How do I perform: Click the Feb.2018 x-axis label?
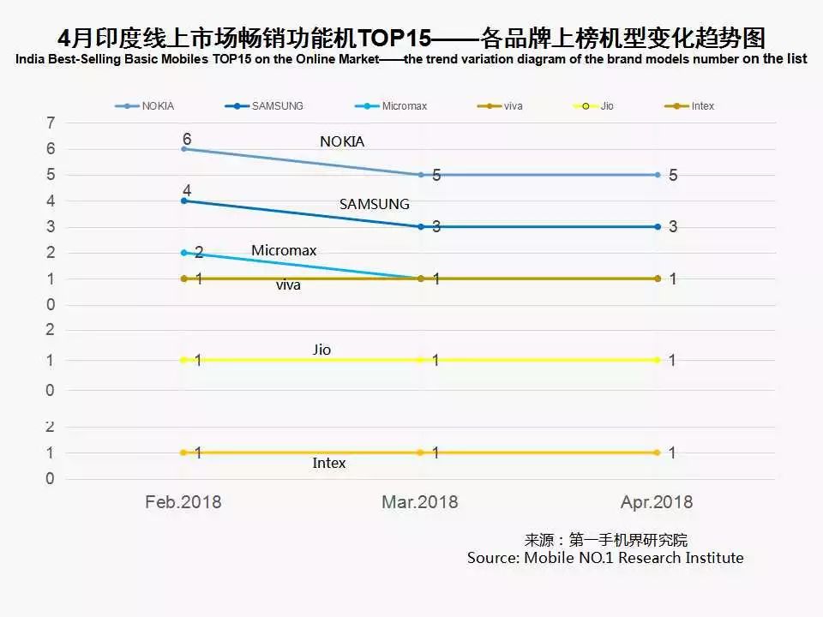tap(183, 502)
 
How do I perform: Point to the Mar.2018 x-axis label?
tap(420, 502)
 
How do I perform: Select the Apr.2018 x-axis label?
tap(657, 502)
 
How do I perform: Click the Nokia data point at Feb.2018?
tap(183, 149)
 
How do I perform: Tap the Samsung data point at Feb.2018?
tap(183, 201)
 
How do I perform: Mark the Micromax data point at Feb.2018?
tap(183, 253)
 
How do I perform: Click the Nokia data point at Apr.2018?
tap(658, 175)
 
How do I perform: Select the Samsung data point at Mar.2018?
tap(421, 227)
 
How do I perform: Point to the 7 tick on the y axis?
tap(51, 123)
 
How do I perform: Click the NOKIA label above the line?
tap(342, 141)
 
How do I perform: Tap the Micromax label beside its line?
tap(284, 250)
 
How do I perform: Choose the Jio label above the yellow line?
tap(321, 350)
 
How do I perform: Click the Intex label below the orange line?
tap(329, 463)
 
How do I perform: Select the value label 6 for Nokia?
tap(186, 139)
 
